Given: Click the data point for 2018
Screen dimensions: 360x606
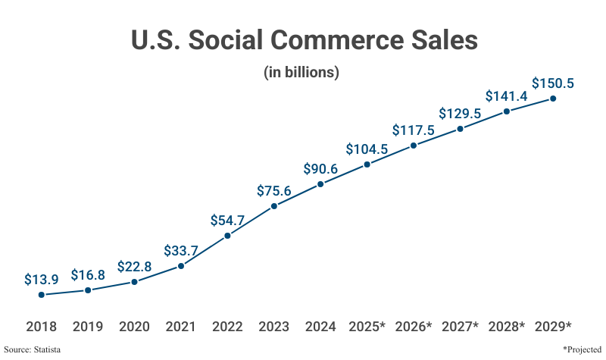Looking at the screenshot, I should (42, 295).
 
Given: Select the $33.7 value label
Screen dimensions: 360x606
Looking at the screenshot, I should (181, 251).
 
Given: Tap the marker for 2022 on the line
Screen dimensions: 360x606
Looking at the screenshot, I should (227, 236).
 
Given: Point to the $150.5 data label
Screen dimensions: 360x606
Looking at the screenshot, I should (553, 83).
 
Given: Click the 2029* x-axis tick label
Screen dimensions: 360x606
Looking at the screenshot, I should (553, 327).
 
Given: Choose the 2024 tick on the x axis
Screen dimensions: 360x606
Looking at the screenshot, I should (320, 327).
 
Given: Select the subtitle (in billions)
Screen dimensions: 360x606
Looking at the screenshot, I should (301, 74).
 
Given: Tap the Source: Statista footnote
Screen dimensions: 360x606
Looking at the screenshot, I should (32, 349).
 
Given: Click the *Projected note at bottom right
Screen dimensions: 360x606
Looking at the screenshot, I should (583, 349).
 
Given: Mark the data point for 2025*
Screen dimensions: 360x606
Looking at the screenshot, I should (367, 164).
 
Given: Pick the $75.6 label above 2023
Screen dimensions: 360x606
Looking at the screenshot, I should (274, 191).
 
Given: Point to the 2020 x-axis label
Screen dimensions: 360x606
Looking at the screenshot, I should (134, 327).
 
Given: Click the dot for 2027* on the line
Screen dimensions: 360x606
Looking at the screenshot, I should (460, 129).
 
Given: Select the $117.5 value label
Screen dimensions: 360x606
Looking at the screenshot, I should (414, 130).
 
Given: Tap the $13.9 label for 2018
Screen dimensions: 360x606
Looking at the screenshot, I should (42, 280).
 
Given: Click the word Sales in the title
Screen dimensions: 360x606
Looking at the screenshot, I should (442, 40).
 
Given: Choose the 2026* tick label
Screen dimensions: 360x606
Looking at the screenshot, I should (414, 327).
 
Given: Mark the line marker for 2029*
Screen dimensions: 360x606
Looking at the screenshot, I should (553, 99).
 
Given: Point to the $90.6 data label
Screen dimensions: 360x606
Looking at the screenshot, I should (320, 168).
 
